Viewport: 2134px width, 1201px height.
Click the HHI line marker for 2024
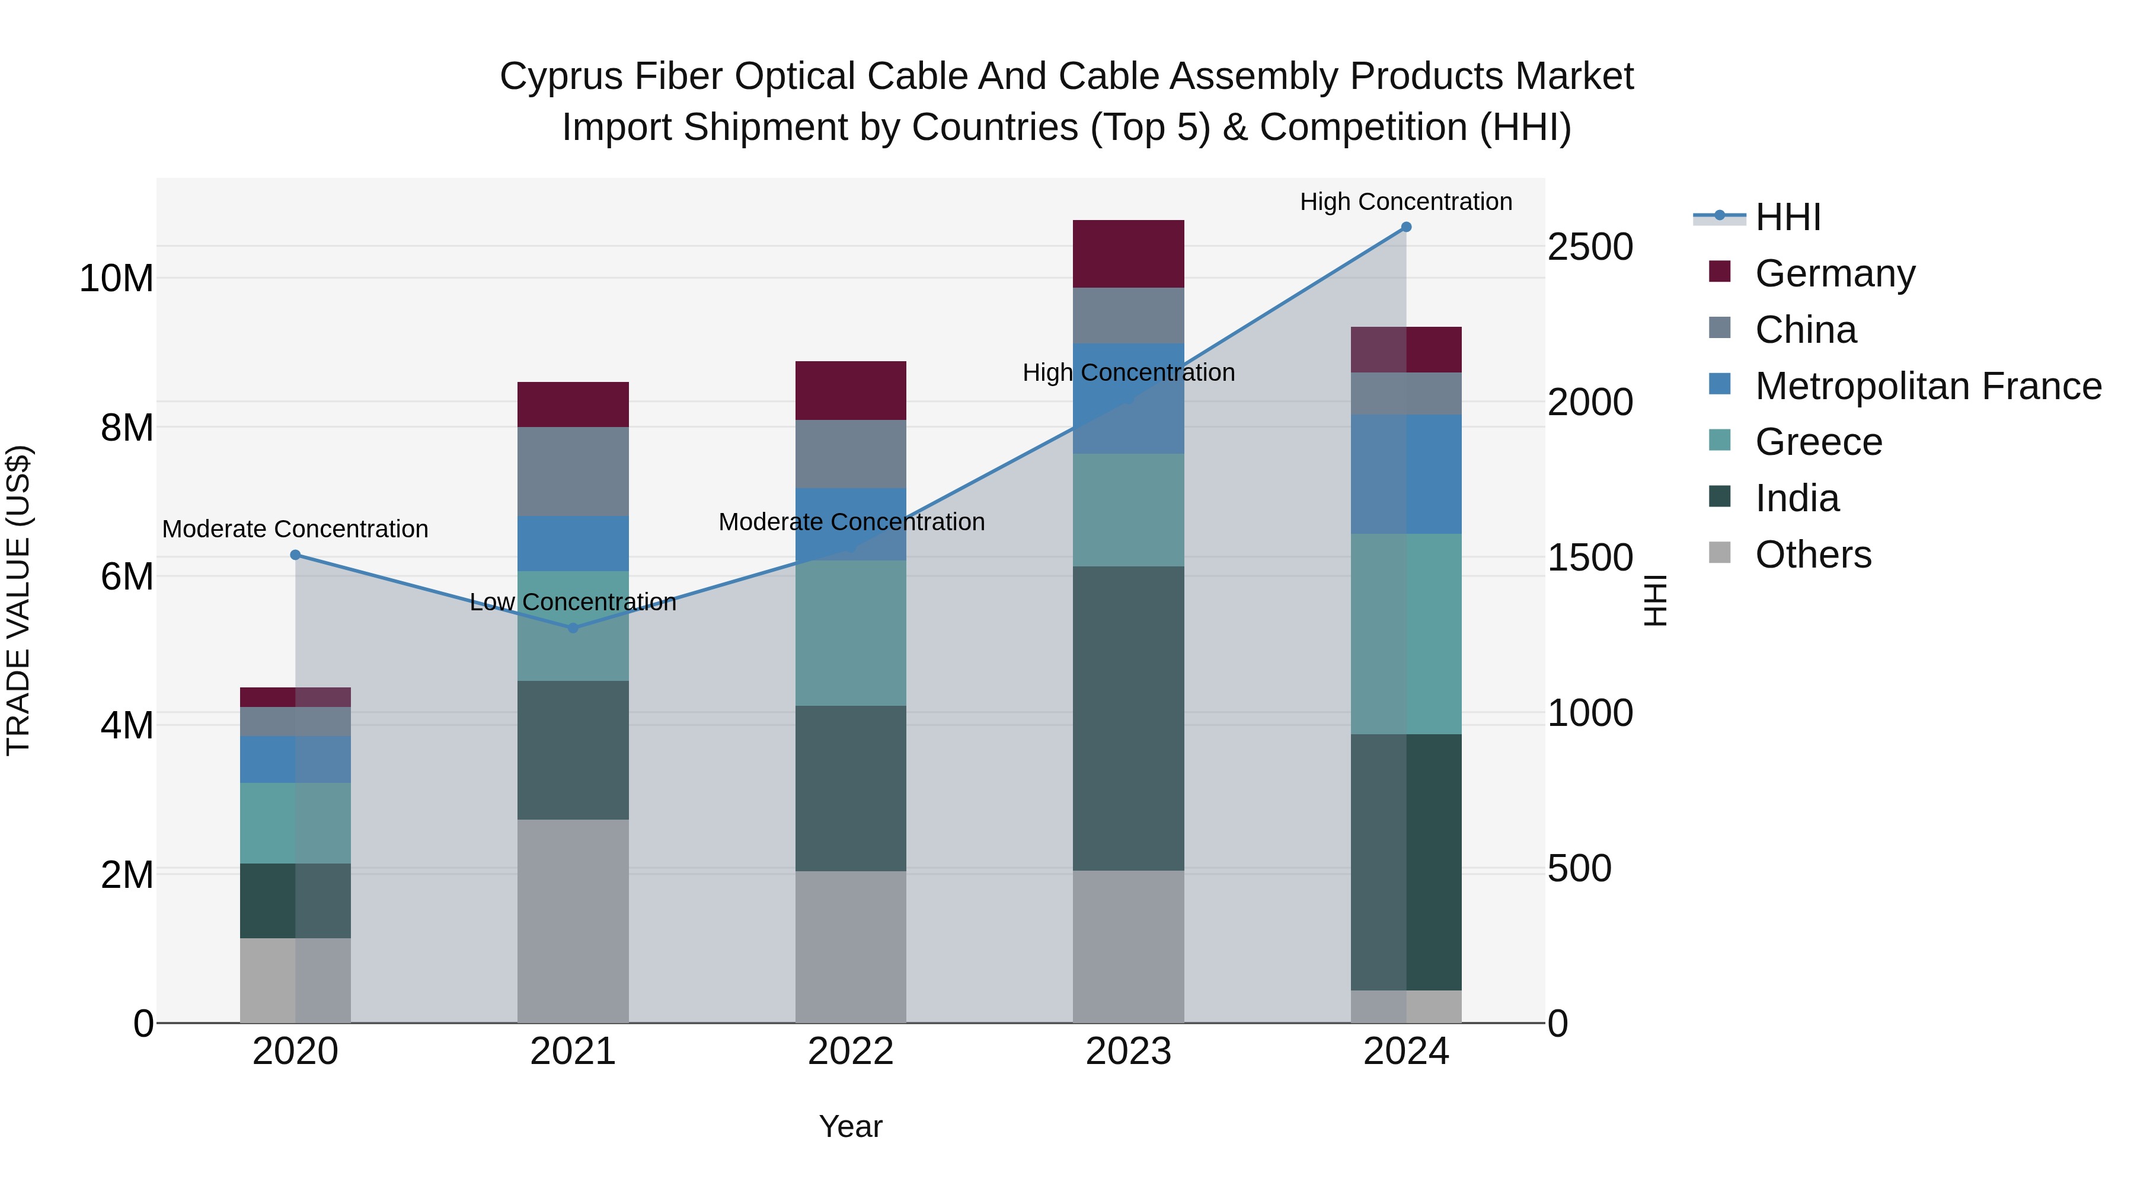(1406, 227)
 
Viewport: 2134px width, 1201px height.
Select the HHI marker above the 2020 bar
(296, 555)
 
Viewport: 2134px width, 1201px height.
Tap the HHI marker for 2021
(573, 628)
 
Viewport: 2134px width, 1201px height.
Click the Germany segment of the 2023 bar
(1128, 254)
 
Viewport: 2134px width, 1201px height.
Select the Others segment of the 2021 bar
(573, 920)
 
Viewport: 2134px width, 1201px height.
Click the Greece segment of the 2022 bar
(851, 633)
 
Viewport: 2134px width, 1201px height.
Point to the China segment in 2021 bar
(573, 472)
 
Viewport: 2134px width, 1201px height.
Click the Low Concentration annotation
(573, 602)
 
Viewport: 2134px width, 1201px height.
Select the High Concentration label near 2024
(1406, 202)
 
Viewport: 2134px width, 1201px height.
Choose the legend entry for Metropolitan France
(1928, 386)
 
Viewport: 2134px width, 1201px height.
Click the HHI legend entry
(1788, 217)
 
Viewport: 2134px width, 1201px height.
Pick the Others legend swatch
(1720, 553)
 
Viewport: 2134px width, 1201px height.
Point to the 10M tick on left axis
(116, 279)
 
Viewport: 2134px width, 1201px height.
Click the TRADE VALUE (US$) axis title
(18, 600)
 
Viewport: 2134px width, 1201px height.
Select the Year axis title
(851, 1126)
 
